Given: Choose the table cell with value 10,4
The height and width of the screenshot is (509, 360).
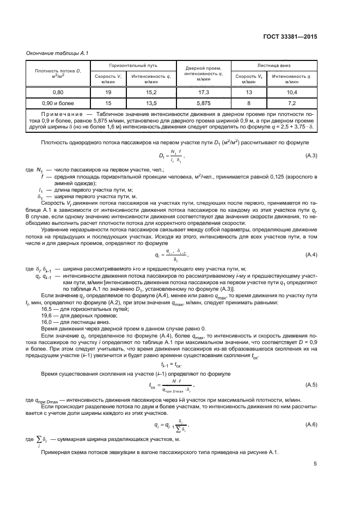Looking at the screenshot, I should [291, 93].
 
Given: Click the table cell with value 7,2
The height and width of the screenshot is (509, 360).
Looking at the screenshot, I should [291, 102].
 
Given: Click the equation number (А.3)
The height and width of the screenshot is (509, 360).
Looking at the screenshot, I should [311, 156].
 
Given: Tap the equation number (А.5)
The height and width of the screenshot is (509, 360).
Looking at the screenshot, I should [311, 385].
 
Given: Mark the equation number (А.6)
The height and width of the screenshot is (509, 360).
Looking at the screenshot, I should [311, 424].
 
